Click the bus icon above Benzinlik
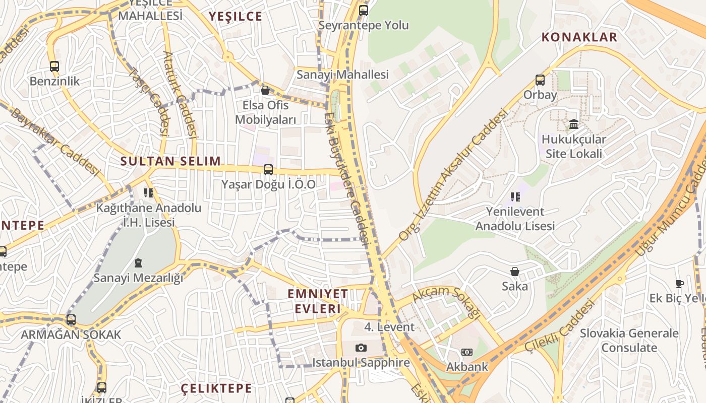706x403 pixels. [54, 66]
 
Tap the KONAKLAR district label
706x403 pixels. [579, 37]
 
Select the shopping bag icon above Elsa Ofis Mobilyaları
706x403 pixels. [265, 90]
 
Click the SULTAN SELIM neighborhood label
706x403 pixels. [170, 161]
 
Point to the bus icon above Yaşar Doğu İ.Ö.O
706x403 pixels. [268, 170]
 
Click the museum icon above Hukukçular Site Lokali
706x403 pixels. [574, 124]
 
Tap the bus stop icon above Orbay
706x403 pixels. [540, 80]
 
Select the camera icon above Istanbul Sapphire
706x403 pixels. [361, 348]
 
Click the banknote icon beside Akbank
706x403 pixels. [467, 352]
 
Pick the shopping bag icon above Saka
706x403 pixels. [515, 272]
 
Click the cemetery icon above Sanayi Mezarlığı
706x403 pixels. [138, 263]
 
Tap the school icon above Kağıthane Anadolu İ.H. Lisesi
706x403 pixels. [148, 192]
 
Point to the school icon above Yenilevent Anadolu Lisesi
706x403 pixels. [515, 196]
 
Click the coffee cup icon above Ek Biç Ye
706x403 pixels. [680, 284]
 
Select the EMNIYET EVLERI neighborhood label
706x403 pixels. [318, 301]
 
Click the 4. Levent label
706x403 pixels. [389, 327]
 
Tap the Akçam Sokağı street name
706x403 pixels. [446, 302]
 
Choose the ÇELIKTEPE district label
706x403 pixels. [216, 388]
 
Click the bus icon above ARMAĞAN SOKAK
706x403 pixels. [71, 320]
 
